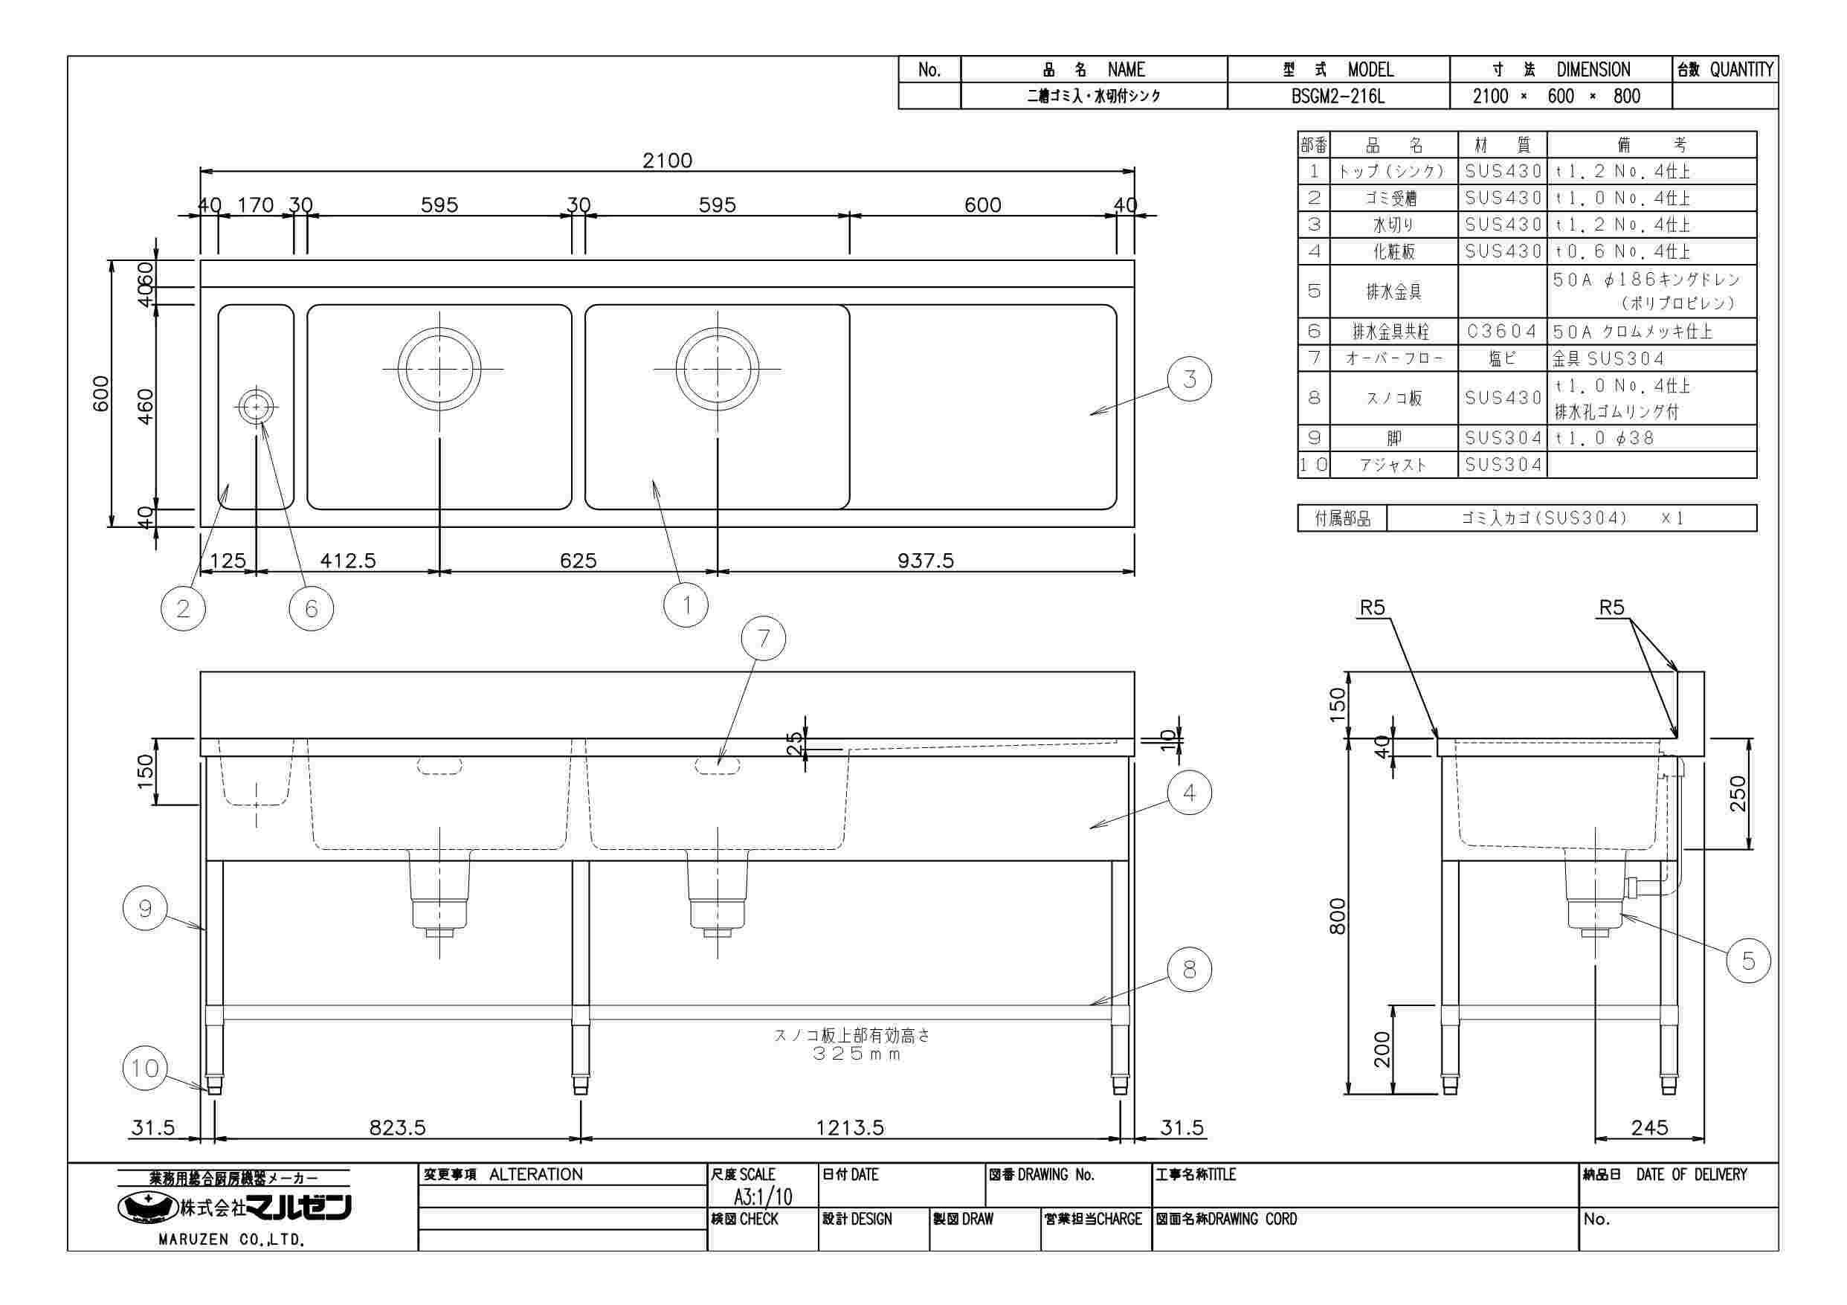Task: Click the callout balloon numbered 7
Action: click(x=763, y=638)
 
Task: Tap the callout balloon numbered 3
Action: click(x=1189, y=379)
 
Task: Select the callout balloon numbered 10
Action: click(x=145, y=1069)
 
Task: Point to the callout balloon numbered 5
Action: click(x=1748, y=960)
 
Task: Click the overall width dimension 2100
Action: click(x=667, y=160)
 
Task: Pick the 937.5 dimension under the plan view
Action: click(x=925, y=560)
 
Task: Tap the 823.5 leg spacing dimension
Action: click(x=396, y=1127)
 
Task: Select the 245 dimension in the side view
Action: click(x=1649, y=1127)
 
